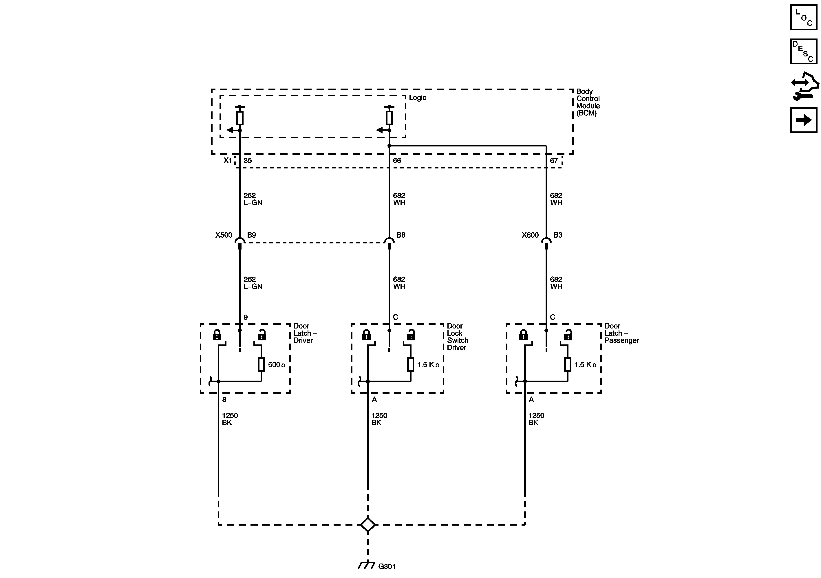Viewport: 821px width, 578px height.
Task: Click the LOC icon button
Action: coord(803,17)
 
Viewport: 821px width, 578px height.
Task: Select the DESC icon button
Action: coord(803,52)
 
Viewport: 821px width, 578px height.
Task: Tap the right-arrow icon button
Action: coord(803,120)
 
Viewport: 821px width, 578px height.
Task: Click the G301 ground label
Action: coord(387,566)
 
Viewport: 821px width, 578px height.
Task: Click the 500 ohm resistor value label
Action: coord(276,365)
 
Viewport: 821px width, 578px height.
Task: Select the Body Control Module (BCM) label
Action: coord(588,102)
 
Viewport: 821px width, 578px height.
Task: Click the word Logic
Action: coord(417,98)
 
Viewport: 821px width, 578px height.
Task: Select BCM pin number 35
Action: coord(247,161)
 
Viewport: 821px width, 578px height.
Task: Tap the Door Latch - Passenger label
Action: coord(621,333)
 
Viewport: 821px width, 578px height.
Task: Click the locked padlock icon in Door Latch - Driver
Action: coord(217,335)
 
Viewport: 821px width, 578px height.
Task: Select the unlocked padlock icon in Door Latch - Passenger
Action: coord(568,335)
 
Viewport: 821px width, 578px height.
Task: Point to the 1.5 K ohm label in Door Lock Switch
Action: coord(428,365)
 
